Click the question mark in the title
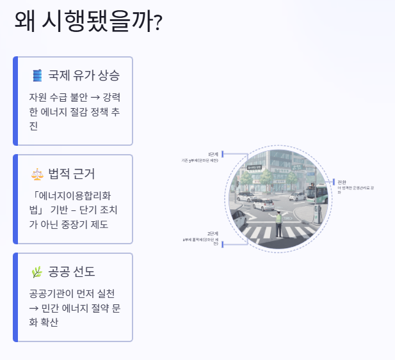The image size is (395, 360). (x=158, y=24)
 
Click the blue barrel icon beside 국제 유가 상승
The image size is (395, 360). (x=37, y=75)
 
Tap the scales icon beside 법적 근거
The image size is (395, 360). (x=37, y=174)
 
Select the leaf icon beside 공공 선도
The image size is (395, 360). (x=37, y=272)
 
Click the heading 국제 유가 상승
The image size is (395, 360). (x=84, y=75)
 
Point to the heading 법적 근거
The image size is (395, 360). (x=72, y=174)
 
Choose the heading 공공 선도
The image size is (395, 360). (x=72, y=272)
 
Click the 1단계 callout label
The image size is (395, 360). (x=213, y=154)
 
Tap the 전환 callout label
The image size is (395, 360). (x=341, y=182)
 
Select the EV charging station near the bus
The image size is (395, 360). (x=318, y=214)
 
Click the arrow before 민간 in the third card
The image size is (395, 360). (x=34, y=308)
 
